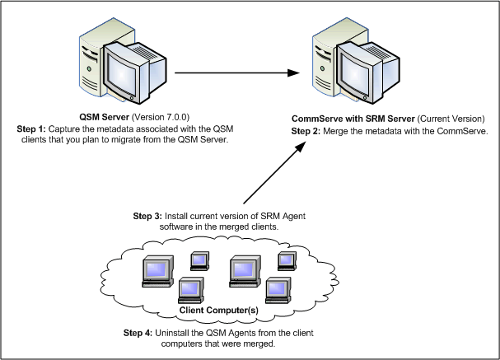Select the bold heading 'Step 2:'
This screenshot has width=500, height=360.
311,132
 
